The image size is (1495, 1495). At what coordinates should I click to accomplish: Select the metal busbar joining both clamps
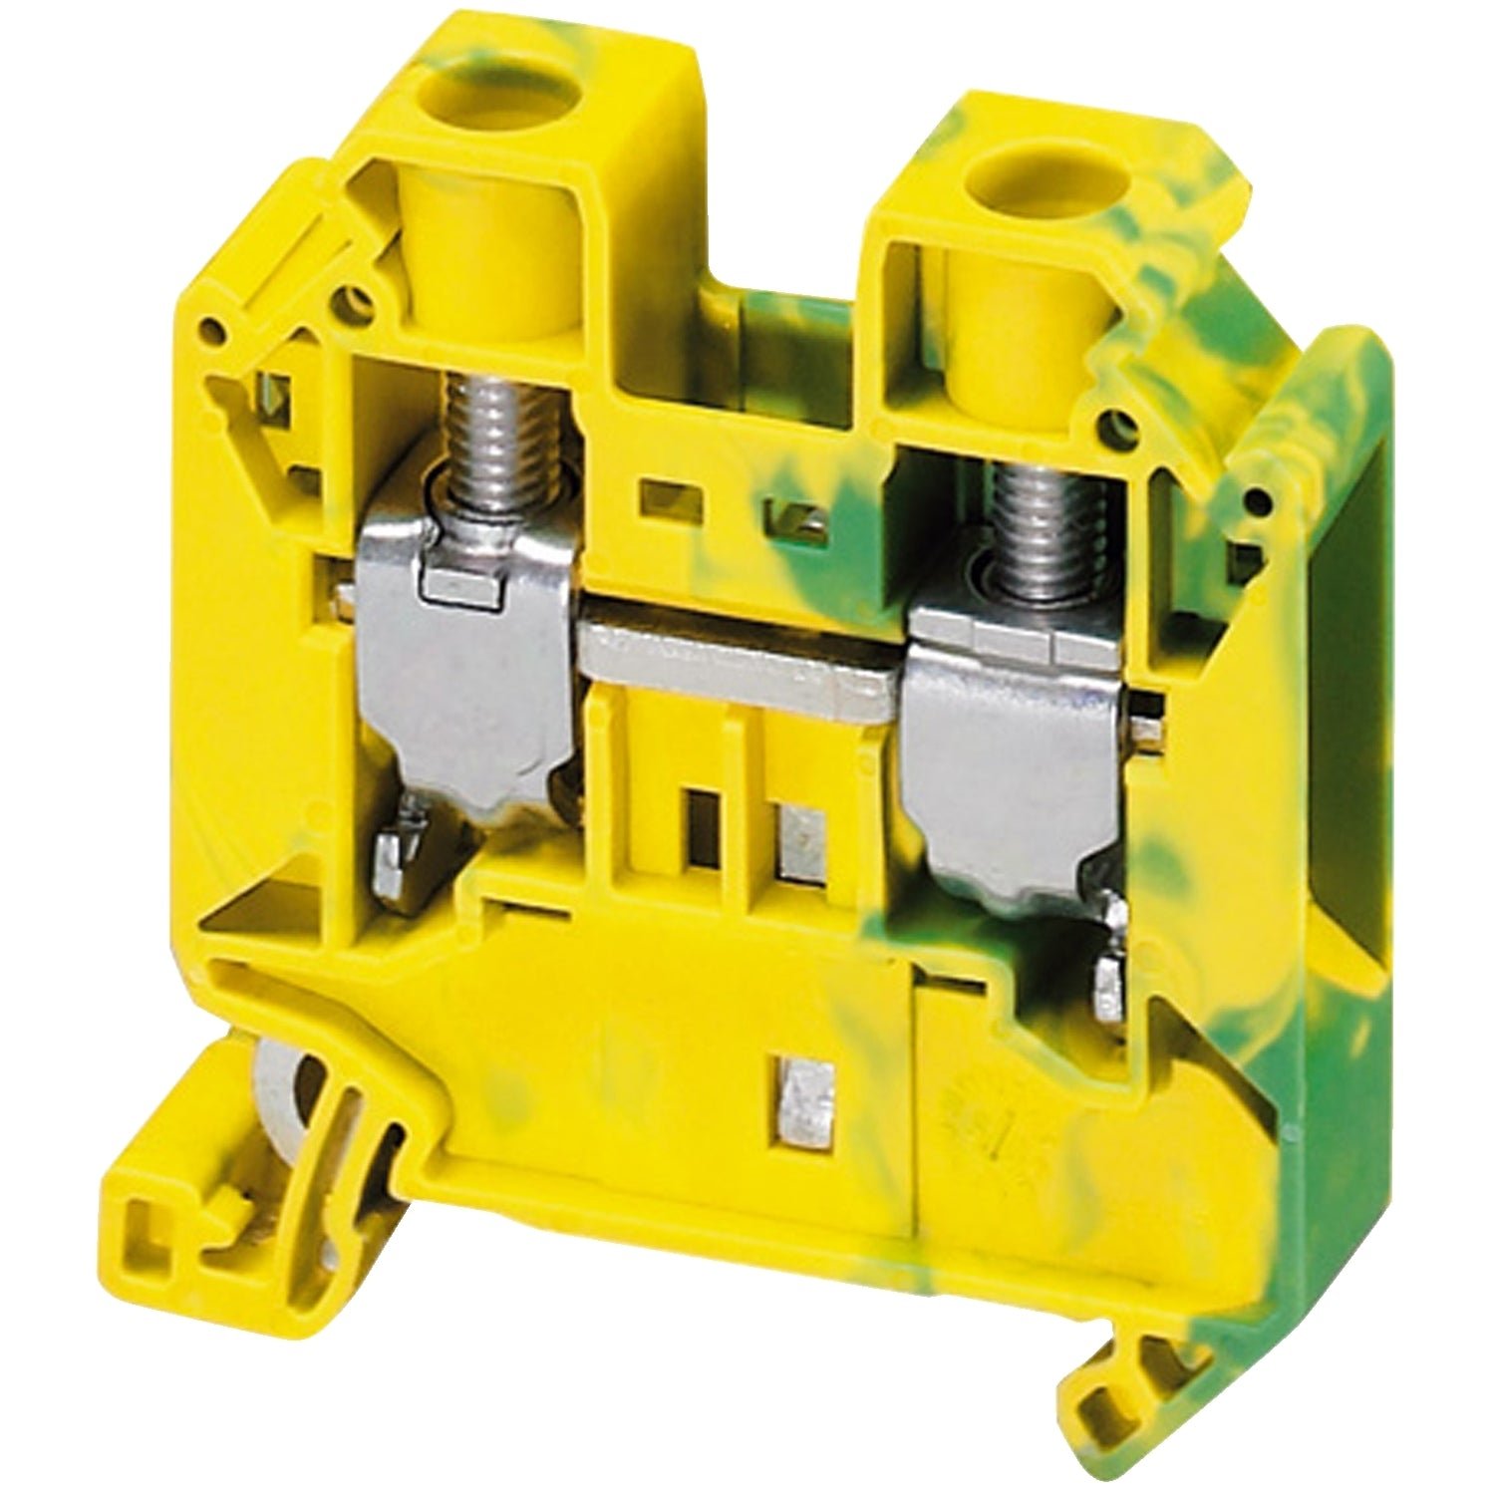[x=738, y=663]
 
